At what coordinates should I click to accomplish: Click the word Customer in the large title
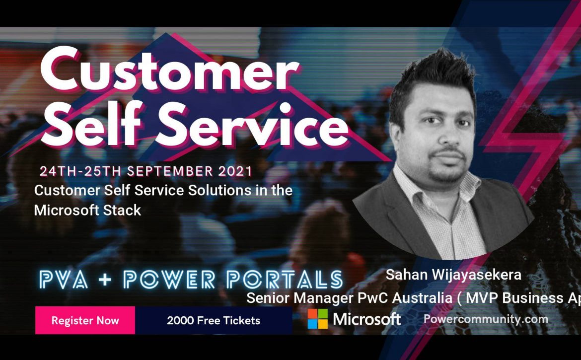(x=169, y=71)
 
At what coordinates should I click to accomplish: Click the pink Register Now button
(x=85, y=320)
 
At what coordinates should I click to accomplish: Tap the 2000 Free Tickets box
(x=214, y=320)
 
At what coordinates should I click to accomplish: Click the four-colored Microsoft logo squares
(x=317, y=319)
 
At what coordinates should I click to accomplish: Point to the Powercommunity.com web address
(x=485, y=319)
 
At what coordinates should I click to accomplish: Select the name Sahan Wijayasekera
(x=453, y=275)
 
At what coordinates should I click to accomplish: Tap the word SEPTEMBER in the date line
(x=170, y=171)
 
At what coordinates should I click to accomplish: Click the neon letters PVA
(x=64, y=280)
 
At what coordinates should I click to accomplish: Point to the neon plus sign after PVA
(x=105, y=280)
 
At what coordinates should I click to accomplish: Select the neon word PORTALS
(x=285, y=280)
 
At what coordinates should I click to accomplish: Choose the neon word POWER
(x=169, y=280)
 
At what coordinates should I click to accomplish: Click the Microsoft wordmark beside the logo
(x=366, y=319)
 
